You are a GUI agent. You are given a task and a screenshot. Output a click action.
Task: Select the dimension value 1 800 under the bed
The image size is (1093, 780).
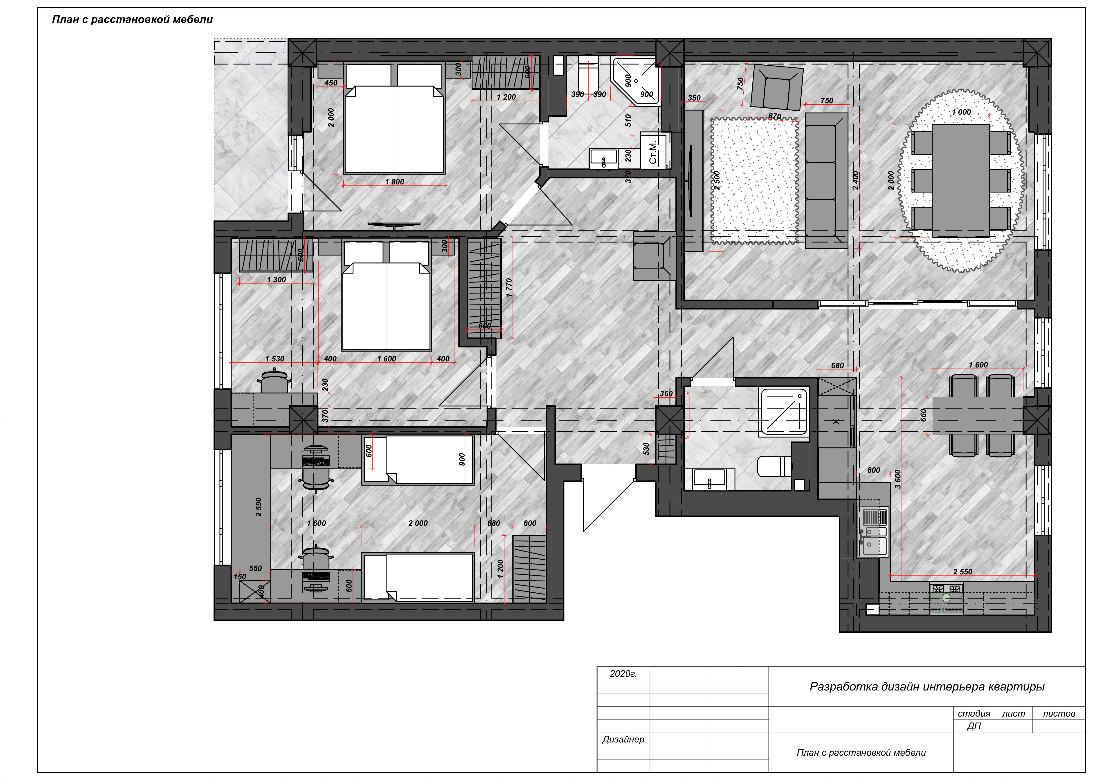tap(394, 182)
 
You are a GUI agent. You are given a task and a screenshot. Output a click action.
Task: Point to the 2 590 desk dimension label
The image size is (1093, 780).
tap(259, 507)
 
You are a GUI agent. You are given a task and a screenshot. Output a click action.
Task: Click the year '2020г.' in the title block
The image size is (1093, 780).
tap(623, 674)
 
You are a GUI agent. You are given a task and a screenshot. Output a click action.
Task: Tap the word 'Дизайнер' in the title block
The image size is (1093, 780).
tap(623, 739)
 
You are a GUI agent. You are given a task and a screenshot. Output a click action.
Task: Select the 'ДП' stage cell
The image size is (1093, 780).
tap(974, 726)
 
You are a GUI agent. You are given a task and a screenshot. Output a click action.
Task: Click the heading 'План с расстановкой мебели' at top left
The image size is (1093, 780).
tap(132, 19)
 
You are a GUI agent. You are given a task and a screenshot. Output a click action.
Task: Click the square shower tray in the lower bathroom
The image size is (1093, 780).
tap(784, 412)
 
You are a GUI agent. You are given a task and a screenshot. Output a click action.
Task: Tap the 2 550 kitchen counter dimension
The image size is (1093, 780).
tap(962, 572)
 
